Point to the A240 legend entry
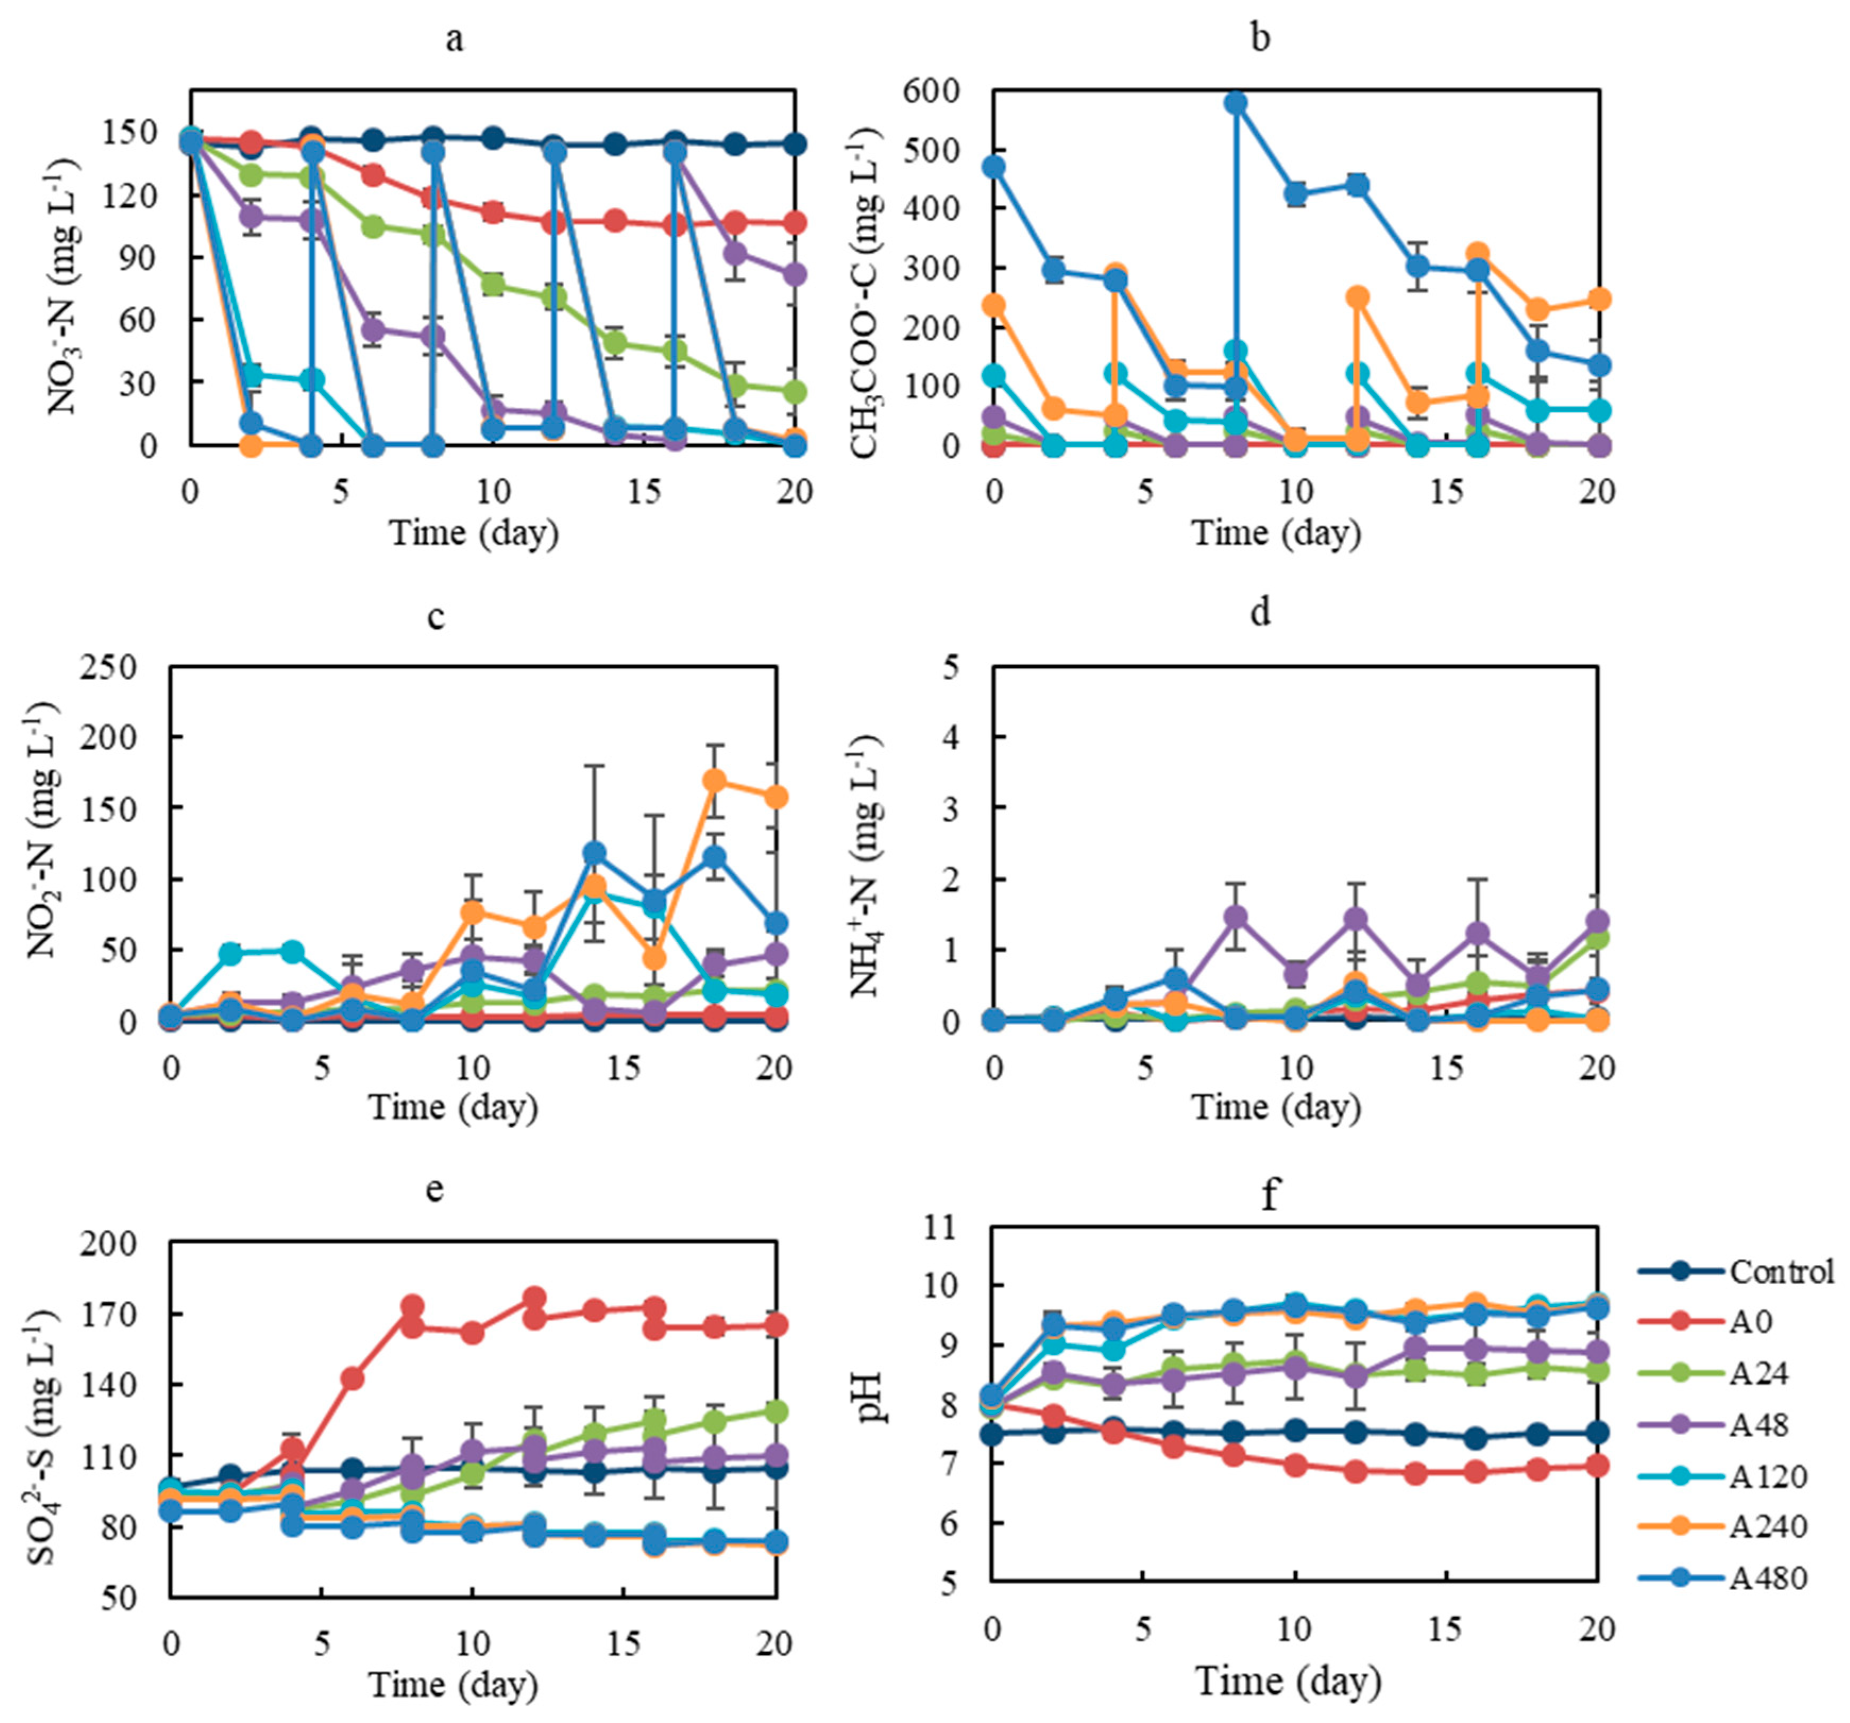(1768, 1526)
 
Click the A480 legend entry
(1768, 1578)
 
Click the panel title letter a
(454, 39)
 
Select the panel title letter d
(1260, 614)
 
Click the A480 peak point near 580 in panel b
(1236, 103)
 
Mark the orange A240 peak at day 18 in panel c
(715, 781)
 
